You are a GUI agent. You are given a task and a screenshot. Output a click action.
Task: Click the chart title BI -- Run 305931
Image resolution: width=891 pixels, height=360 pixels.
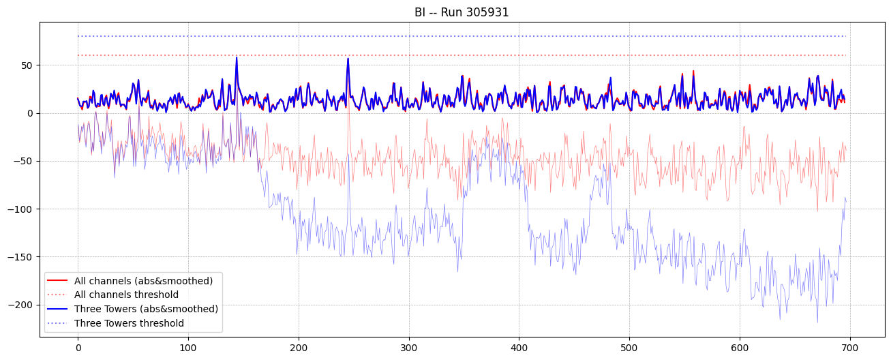tap(462, 12)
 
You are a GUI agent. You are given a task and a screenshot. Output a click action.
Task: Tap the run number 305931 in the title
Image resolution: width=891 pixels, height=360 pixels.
tap(486, 12)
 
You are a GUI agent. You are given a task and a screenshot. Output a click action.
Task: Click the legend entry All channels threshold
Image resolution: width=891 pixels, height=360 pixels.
tap(126, 295)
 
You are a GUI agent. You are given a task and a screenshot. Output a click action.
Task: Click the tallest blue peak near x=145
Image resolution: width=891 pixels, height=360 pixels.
tap(237, 58)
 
